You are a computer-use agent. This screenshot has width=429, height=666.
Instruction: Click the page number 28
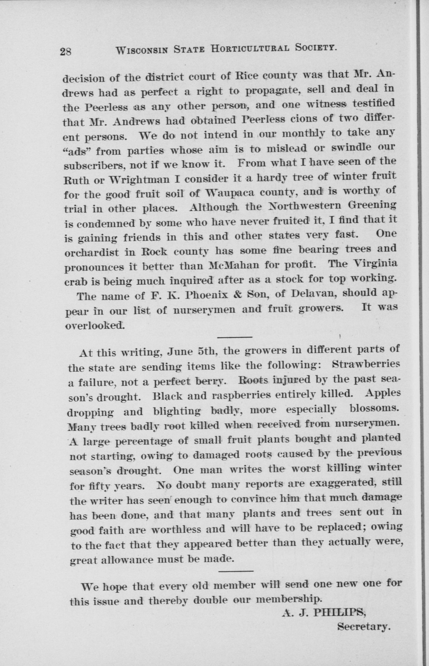66,52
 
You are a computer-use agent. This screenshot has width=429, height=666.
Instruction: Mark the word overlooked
95,325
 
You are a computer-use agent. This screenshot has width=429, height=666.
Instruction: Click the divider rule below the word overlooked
234,337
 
